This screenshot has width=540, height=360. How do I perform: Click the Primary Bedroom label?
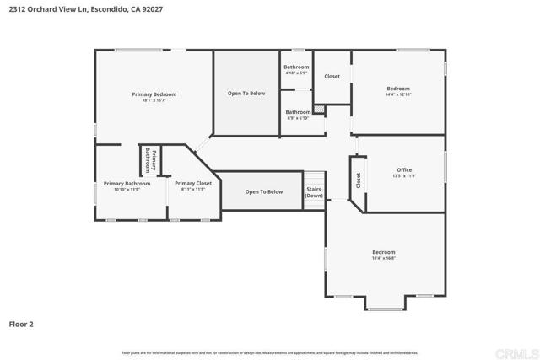154,94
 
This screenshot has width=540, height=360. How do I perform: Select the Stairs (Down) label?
314,192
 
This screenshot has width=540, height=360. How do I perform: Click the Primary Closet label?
193,183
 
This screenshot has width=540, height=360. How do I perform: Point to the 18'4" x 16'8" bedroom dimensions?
384,259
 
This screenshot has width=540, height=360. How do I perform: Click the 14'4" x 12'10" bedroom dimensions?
398,94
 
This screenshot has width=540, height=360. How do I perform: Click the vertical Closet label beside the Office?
359,180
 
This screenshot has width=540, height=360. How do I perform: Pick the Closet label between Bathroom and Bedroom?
332,76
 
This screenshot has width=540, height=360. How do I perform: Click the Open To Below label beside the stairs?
264,191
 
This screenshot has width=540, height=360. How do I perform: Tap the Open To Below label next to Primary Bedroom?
246,93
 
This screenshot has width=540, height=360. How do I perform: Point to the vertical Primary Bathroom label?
150,160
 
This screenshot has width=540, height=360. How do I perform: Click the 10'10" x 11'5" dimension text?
127,190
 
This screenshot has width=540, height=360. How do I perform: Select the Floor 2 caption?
21,323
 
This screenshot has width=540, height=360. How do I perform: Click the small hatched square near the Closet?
319,109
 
